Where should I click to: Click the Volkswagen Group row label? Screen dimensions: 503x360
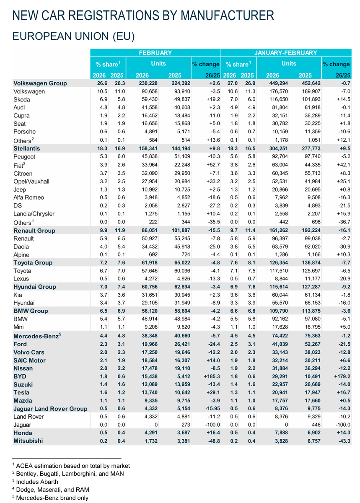40,83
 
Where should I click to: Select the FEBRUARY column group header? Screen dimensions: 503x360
155,53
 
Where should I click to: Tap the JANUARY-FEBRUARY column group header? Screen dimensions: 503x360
286,53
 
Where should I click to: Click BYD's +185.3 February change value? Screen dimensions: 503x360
210,376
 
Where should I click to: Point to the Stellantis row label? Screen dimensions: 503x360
27,148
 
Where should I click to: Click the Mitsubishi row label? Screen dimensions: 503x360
28,441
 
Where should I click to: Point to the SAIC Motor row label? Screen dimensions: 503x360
29,360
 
